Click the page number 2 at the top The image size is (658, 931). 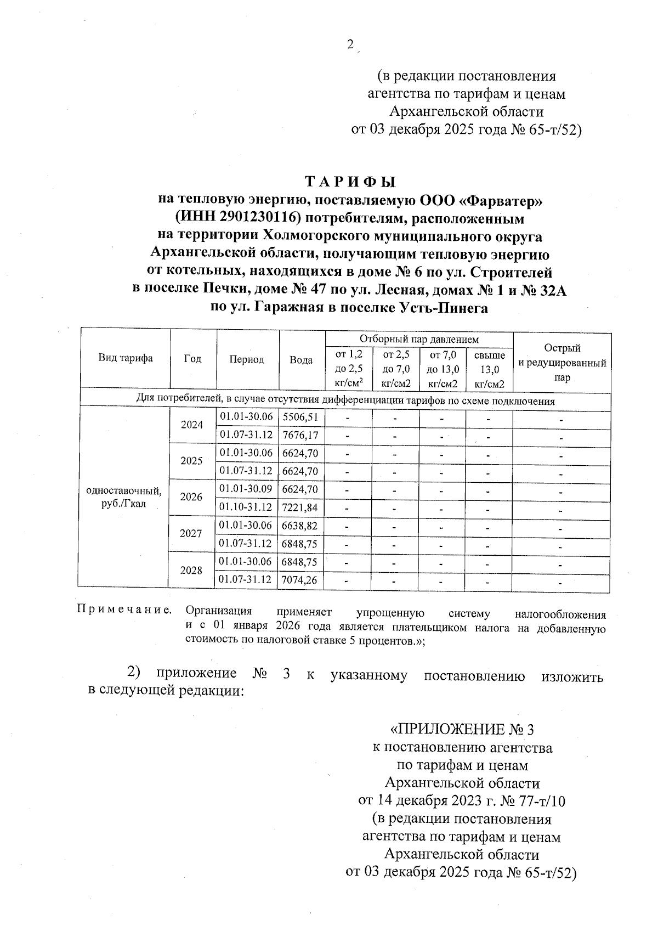click(x=350, y=46)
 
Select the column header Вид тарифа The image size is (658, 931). click(x=126, y=358)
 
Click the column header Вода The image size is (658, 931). click(x=301, y=360)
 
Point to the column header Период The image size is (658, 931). click(x=247, y=359)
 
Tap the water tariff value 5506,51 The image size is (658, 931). click(x=300, y=417)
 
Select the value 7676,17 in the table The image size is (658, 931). click(x=300, y=435)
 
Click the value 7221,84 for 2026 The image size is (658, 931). click(x=300, y=507)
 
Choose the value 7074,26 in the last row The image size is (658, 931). click(x=299, y=580)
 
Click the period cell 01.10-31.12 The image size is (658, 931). click(x=246, y=507)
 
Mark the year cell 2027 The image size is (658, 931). click(x=191, y=533)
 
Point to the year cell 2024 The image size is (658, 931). click(x=192, y=425)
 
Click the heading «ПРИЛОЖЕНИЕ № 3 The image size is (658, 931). click(x=461, y=730)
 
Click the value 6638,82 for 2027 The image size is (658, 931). click(x=300, y=526)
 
